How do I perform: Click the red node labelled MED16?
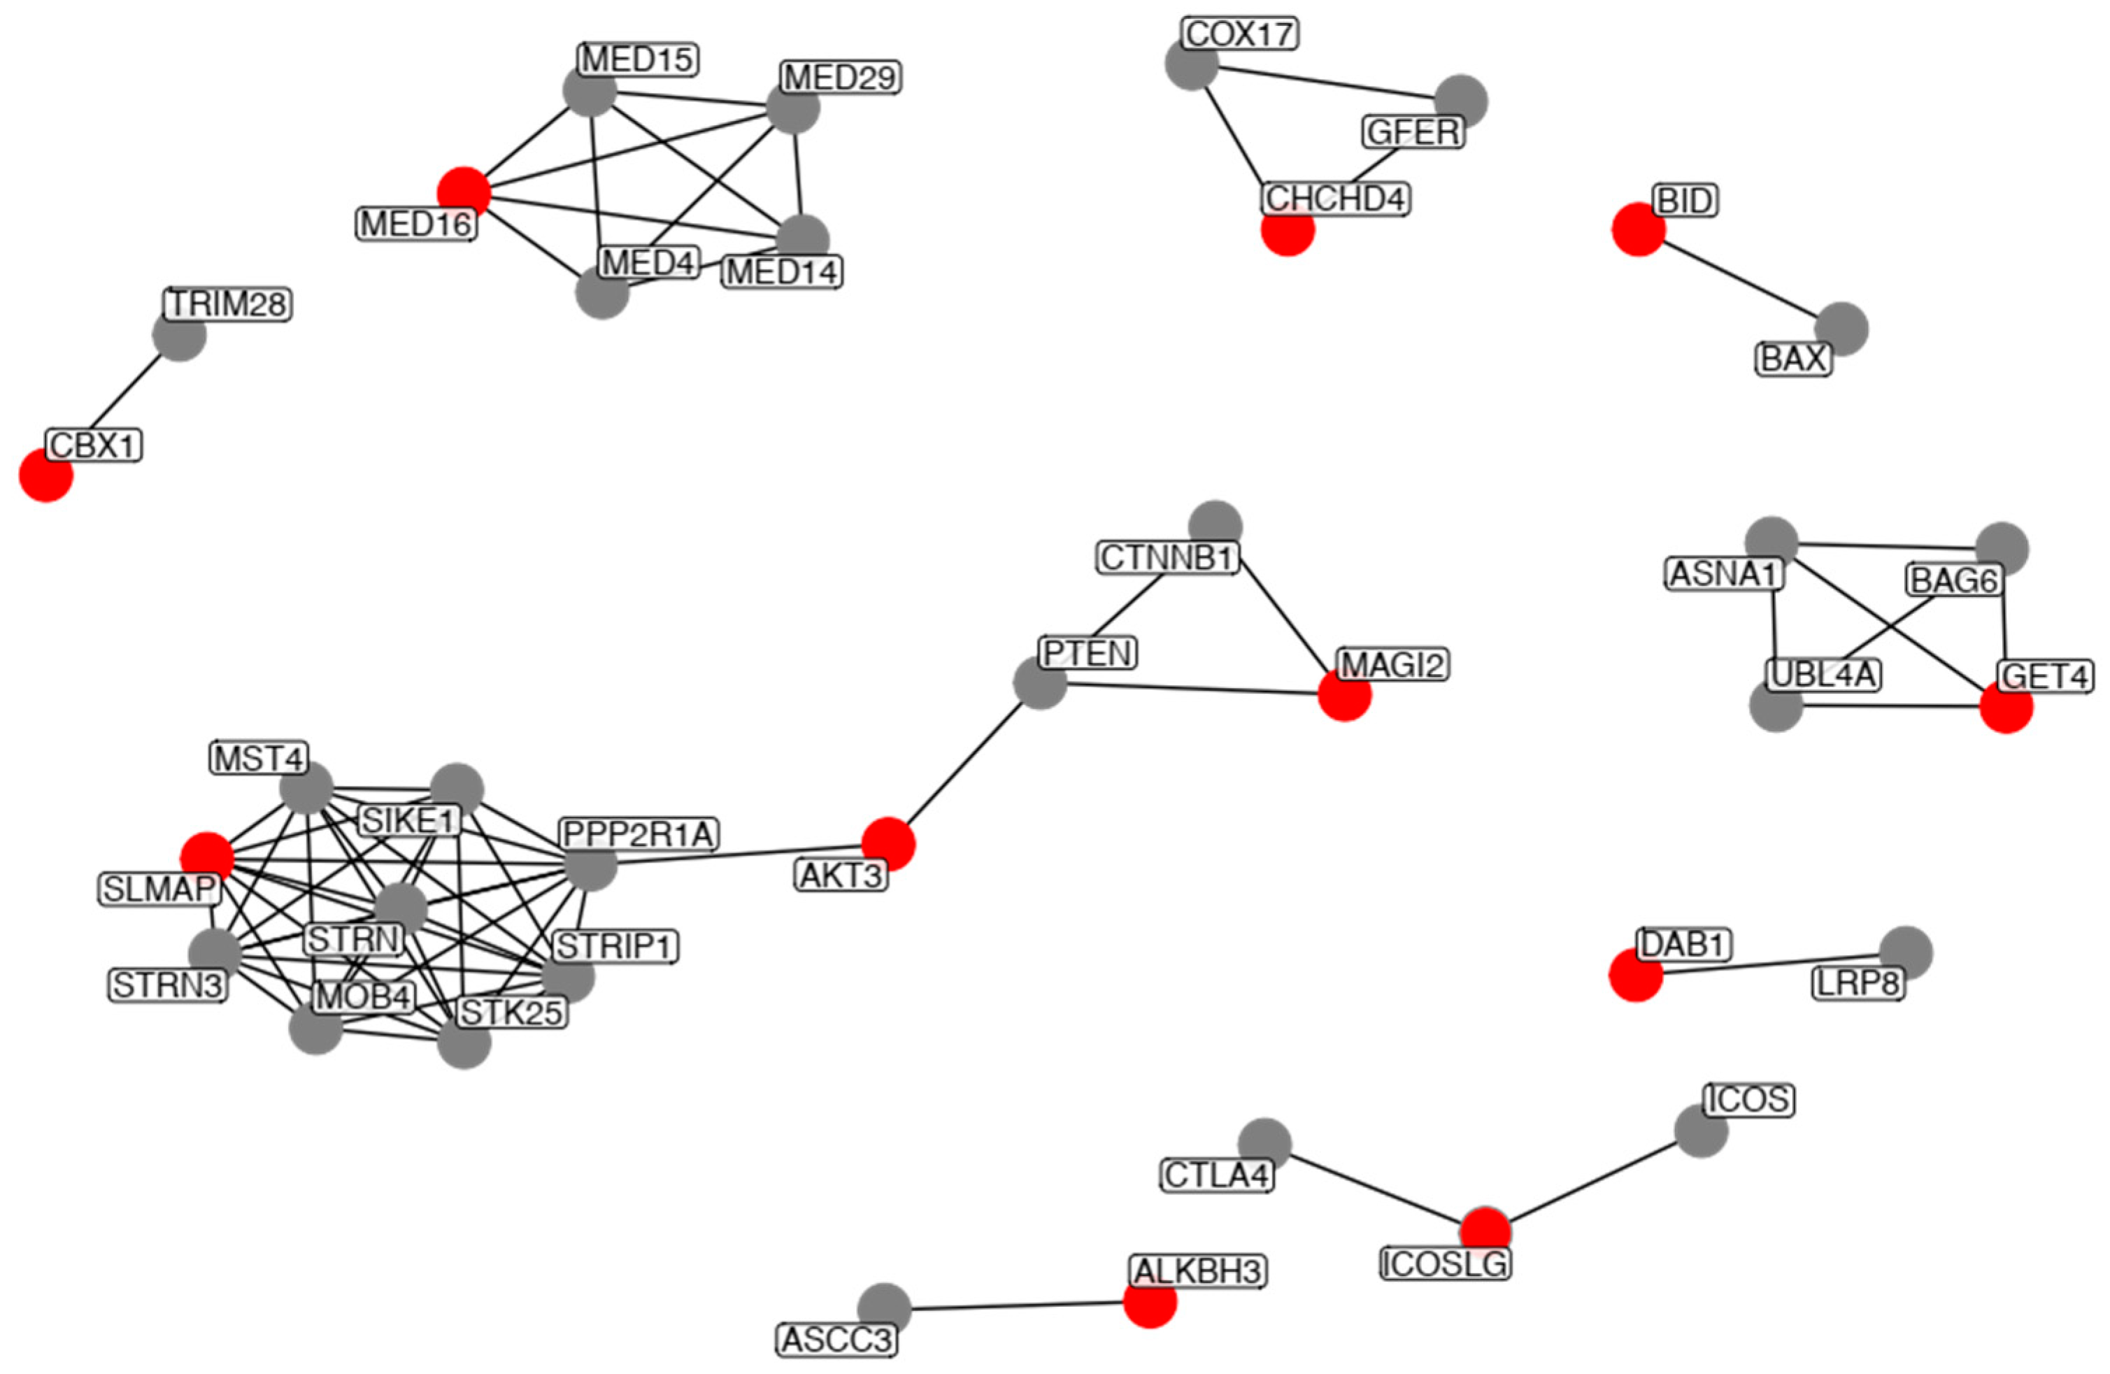[x=464, y=192]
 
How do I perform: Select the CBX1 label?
[x=94, y=444]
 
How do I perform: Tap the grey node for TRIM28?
[x=179, y=335]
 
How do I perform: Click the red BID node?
[x=1637, y=229]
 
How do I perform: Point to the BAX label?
[x=1793, y=359]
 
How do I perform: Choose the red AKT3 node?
[x=888, y=843]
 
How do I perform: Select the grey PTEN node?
[x=1040, y=682]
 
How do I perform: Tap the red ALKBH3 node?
[x=1150, y=1301]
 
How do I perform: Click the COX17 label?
[x=1239, y=34]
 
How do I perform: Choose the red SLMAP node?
[x=206, y=858]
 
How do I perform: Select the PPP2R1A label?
[x=639, y=833]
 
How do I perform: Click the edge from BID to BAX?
[x=1739, y=278]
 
